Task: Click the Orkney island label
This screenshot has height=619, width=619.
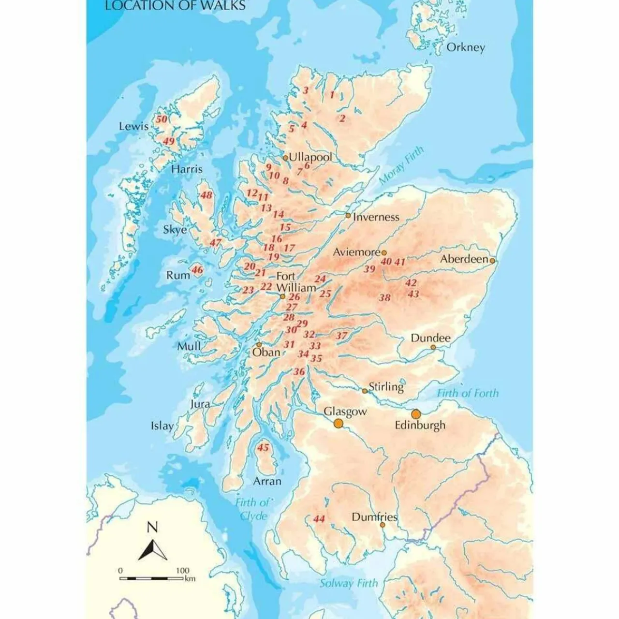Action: point(465,47)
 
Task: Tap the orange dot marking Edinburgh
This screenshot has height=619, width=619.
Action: point(416,414)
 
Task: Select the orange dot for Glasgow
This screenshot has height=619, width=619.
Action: point(339,424)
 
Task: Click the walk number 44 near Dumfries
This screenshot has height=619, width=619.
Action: point(319,519)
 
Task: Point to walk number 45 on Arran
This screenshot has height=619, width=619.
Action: point(263,447)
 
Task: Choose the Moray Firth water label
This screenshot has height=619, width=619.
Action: point(401,165)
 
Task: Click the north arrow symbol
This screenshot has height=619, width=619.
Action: point(153,549)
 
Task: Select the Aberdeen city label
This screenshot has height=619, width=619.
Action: point(464,259)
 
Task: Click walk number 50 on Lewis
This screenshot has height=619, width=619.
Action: point(162,119)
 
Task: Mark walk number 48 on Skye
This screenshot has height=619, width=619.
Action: point(206,195)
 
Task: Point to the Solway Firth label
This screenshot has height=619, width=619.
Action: point(348,583)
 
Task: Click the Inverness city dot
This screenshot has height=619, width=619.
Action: point(348,215)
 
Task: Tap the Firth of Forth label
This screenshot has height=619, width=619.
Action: point(468,393)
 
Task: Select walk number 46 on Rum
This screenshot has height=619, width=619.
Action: point(197,269)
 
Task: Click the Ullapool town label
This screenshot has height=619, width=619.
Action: point(310,158)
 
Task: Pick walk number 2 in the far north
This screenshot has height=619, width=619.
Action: point(342,118)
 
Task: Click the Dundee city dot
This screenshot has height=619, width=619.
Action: point(433,347)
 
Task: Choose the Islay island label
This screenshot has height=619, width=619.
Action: point(162,426)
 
